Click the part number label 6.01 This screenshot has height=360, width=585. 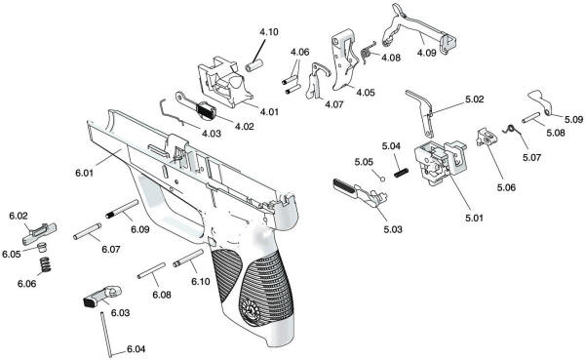point(84,174)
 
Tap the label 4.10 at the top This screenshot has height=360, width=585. point(268,33)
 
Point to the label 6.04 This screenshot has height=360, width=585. point(136,349)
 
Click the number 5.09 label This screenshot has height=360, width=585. point(572,119)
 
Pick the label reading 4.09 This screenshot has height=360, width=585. point(428,52)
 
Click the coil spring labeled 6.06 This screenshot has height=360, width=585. point(44,264)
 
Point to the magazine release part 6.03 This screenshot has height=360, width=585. point(97,295)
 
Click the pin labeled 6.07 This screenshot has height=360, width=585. point(85,229)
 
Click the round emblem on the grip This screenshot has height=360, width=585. point(248,311)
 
